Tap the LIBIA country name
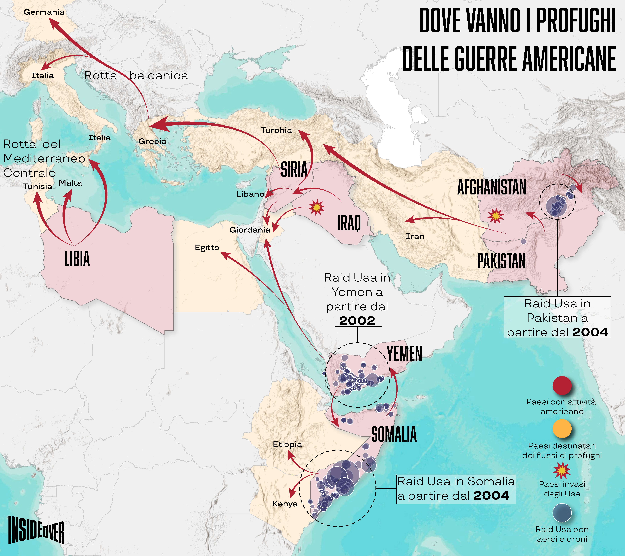point(77,259)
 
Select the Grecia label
point(153,141)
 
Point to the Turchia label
point(276,130)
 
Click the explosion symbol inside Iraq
point(316,207)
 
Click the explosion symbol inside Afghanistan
point(495,216)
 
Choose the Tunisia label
point(38,186)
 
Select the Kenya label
point(285,504)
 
